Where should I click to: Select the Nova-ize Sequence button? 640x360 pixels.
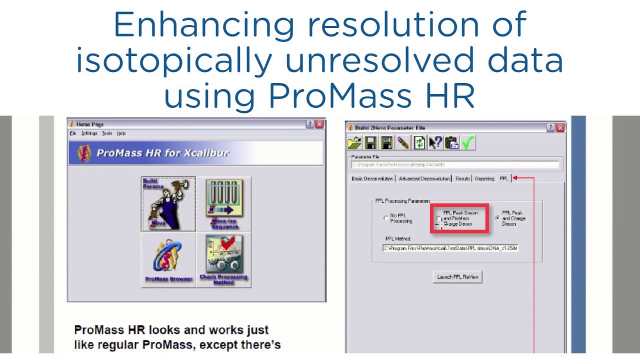point(224,204)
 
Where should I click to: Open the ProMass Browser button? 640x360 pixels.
point(168,260)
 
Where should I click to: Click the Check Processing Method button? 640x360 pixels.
point(223,260)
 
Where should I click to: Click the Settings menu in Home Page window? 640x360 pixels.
point(89,133)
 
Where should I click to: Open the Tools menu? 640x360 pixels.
point(107,133)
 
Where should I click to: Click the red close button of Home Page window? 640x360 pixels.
point(319,124)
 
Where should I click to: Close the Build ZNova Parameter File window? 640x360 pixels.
point(560,127)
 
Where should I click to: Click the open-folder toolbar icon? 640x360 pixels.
point(354,143)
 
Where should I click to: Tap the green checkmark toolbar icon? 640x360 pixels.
point(467,143)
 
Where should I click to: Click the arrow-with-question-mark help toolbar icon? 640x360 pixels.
point(435,143)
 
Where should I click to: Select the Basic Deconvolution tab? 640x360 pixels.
point(372,178)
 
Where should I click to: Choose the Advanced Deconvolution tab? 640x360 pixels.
point(424,178)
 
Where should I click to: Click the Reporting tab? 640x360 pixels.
point(484,178)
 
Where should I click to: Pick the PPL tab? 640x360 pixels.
point(503,178)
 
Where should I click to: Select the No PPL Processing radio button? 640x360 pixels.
point(385,218)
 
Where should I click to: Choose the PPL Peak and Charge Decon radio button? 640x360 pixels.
point(497,218)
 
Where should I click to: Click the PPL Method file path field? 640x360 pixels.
point(450,248)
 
